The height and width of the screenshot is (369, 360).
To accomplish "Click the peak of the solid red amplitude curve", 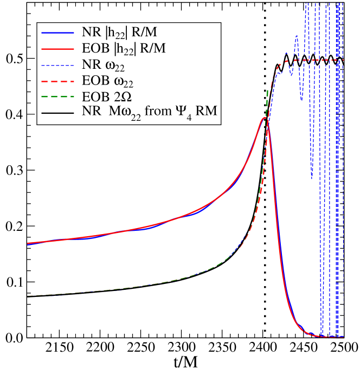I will [x=264, y=118].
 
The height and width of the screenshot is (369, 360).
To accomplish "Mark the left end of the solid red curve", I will [x=28, y=243].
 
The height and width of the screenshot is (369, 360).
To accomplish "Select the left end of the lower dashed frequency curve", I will [x=28, y=296].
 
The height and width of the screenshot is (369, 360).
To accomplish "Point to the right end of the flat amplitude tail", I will [x=343, y=338].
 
